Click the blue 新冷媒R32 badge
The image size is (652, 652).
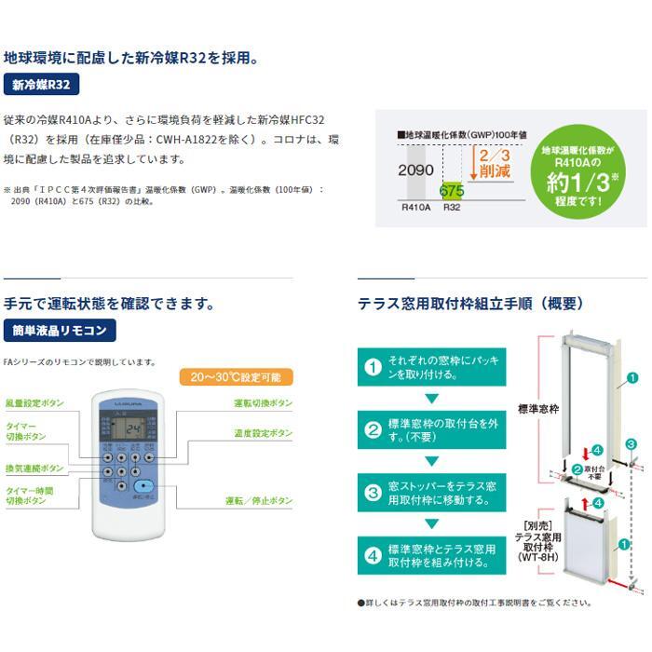pyautogui.click(x=42, y=86)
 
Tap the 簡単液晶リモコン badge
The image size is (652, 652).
pyautogui.click(x=59, y=330)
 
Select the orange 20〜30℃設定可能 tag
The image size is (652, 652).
pyautogui.click(x=236, y=377)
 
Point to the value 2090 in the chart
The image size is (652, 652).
pyautogui.click(x=415, y=170)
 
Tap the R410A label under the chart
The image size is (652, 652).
pyautogui.click(x=414, y=210)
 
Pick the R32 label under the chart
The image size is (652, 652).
pyautogui.click(x=452, y=210)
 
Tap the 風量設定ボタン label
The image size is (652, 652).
pyautogui.click(x=34, y=403)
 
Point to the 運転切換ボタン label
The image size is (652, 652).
pyautogui.click(x=263, y=403)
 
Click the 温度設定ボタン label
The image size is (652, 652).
pyautogui.click(x=263, y=433)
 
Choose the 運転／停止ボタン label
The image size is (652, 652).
pyautogui.click(x=259, y=500)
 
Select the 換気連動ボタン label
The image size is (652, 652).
pyautogui.click(x=34, y=468)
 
